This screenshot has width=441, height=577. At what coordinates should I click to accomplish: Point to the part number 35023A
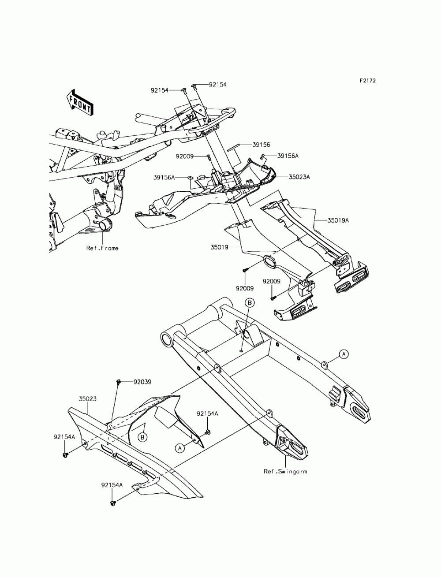pyautogui.click(x=299, y=177)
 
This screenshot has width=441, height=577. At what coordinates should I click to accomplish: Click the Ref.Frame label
pyautogui.click(x=102, y=248)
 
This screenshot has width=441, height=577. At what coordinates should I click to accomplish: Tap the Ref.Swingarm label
pyautogui.click(x=285, y=471)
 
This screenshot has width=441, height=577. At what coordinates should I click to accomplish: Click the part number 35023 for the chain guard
pyautogui.click(x=88, y=398)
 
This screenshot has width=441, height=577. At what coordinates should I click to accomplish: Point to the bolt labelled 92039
pyautogui.click(x=119, y=382)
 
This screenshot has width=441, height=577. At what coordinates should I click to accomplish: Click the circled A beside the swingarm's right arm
pyautogui.click(x=344, y=354)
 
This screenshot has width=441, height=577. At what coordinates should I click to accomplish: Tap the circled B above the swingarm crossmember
pyautogui.click(x=250, y=302)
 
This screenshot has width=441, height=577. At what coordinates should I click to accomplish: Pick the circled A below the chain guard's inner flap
pyautogui.click(x=179, y=447)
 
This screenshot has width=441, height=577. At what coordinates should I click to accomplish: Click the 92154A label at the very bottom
pyautogui.click(x=112, y=485)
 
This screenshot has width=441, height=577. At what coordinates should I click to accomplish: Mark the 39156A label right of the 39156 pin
pyautogui.click(x=288, y=156)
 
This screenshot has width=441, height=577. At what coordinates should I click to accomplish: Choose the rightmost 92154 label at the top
pyautogui.click(x=217, y=84)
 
